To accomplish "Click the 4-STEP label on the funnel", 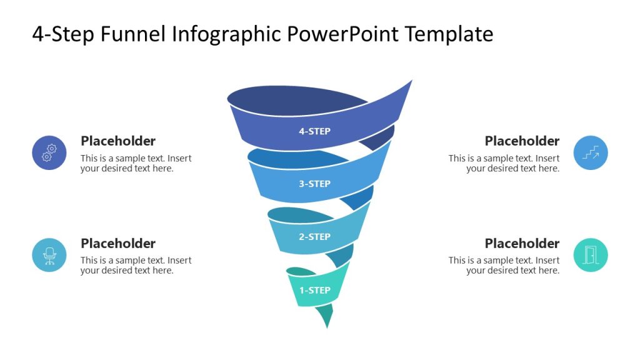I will pyautogui.click(x=314, y=131).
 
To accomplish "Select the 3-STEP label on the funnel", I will pyautogui.click(x=314, y=184).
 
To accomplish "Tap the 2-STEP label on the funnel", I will pyautogui.click(x=314, y=237).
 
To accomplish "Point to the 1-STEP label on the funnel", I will pyautogui.click(x=314, y=290).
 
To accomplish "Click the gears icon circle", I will pyautogui.click(x=49, y=153).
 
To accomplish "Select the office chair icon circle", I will pyautogui.click(x=49, y=255).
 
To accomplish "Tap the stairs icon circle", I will pyautogui.click(x=591, y=153).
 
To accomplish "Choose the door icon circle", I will pyautogui.click(x=591, y=255).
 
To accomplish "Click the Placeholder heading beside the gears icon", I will pyautogui.click(x=118, y=141).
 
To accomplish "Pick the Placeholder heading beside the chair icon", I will pyautogui.click(x=118, y=243).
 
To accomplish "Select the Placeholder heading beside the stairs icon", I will pyautogui.click(x=522, y=141).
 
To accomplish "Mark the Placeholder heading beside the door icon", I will pyautogui.click(x=522, y=243).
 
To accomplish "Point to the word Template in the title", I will pyautogui.click(x=449, y=34).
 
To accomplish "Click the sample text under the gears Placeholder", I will pyautogui.click(x=136, y=163).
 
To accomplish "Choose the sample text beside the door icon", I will pyautogui.click(x=504, y=265).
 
